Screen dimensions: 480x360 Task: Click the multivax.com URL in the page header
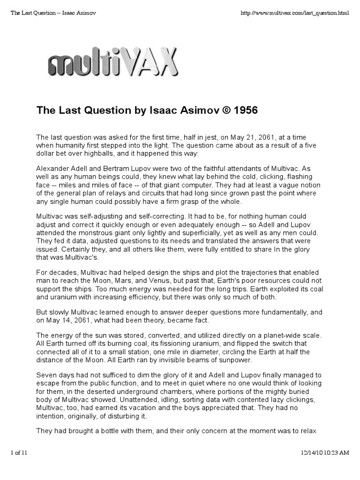[x=294, y=13]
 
